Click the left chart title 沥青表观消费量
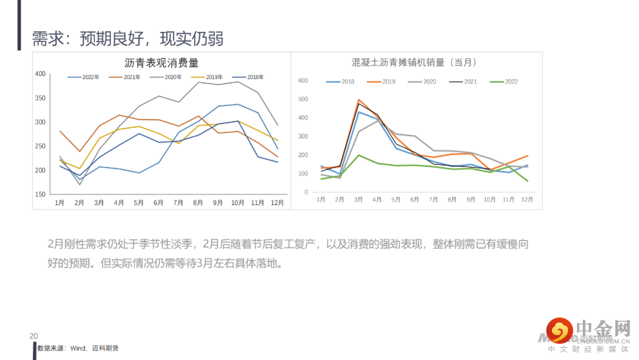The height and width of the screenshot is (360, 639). pos(161,62)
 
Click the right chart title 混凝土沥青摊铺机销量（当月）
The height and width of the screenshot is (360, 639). pos(414,62)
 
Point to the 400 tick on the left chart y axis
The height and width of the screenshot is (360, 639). pos(40,74)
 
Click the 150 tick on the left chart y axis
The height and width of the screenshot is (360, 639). pos(40,194)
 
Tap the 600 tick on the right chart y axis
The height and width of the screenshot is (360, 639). pos(303,81)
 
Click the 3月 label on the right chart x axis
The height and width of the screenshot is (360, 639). pos(359,200)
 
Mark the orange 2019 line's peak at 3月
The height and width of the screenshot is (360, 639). pos(359,99)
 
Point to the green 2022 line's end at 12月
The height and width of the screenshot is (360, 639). pos(527,181)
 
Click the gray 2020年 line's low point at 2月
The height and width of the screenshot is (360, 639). pos(80,185)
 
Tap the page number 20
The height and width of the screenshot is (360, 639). pos(33,336)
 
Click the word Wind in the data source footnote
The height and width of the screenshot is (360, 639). pos(79,348)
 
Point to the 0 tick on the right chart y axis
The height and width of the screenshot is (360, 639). pos(306,192)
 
